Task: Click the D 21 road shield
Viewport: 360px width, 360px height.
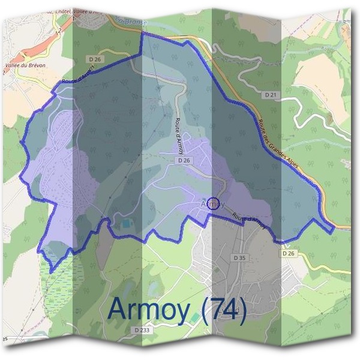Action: pyautogui.click(x=271, y=95)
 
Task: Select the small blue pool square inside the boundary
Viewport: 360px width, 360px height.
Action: pyautogui.click(x=125, y=224)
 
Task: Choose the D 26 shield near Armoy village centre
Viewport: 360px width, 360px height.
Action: pyautogui.click(x=184, y=161)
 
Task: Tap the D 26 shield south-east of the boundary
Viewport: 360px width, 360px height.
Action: pyautogui.click(x=289, y=254)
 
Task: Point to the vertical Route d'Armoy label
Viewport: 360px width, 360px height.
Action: pyautogui.click(x=182, y=130)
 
